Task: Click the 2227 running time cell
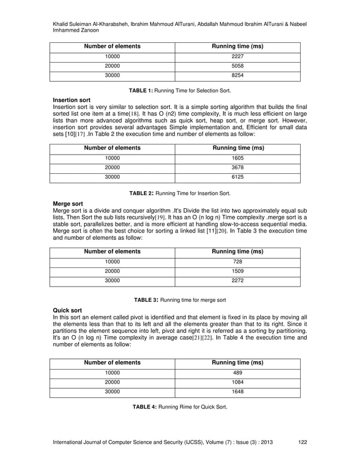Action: (x=238, y=56)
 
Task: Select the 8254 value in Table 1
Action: (x=238, y=76)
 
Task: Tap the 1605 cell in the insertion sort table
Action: (x=238, y=159)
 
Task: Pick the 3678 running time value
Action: (x=238, y=168)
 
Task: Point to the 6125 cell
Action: (x=238, y=178)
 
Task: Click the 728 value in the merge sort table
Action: (x=238, y=262)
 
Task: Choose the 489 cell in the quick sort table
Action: (x=238, y=373)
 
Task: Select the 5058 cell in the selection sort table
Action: (x=238, y=67)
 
